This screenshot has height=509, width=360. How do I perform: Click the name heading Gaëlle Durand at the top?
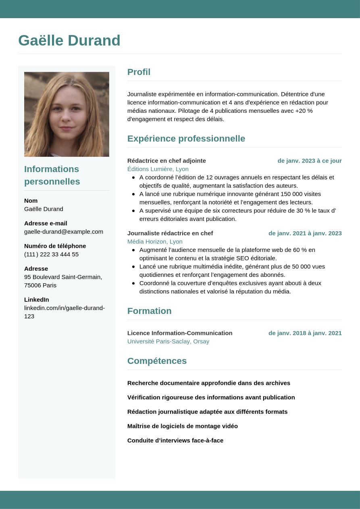pos(69,41)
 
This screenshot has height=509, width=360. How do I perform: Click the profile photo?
pos(67,114)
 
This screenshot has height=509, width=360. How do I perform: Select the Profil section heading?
pos(139,72)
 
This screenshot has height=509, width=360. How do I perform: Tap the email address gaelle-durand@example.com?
pos(64,232)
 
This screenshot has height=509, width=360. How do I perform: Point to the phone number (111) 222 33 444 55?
pos(51,254)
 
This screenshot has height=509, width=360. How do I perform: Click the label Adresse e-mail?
pos(46,223)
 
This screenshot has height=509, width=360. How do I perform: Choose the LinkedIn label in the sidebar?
pos(36,299)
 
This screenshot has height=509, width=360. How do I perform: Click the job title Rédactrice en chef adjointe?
pos(166,161)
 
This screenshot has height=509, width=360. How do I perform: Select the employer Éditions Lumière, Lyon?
pos(158,169)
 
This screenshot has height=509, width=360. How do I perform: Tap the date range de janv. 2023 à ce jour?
pos(309,161)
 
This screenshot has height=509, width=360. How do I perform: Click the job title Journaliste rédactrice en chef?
pos(170,233)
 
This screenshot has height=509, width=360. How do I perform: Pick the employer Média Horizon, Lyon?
pos(155,242)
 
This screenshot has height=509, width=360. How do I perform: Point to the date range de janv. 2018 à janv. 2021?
pos(305,333)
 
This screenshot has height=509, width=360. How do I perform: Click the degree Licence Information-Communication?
pos(180,333)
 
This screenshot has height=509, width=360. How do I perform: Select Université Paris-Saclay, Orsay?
pos(168,342)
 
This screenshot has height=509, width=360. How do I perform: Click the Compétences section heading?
pos(157,361)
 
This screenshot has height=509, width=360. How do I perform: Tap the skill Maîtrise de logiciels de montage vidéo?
pos(182,426)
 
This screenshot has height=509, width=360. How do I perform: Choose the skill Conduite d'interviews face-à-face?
pos(175,440)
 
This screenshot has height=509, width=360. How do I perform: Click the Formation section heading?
pos(149,311)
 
